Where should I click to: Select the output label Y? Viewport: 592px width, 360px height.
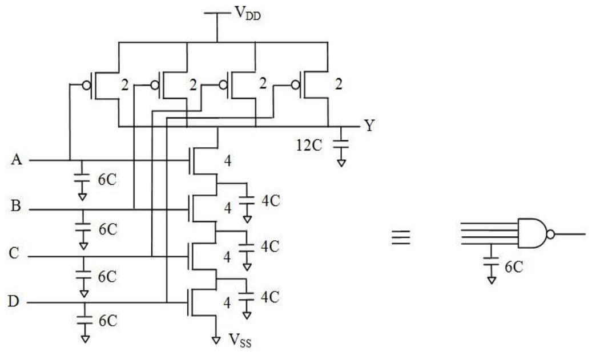[x=369, y=126]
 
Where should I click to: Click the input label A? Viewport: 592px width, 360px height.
[x=17, y=160]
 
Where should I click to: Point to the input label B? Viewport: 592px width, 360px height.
[x=17, y=207]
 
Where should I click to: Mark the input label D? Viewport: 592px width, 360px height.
[x=15, y=301]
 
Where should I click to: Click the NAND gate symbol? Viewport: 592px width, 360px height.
[x=532, y=233]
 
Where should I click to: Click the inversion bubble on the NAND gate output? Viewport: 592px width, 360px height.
[x=550, y=234]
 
